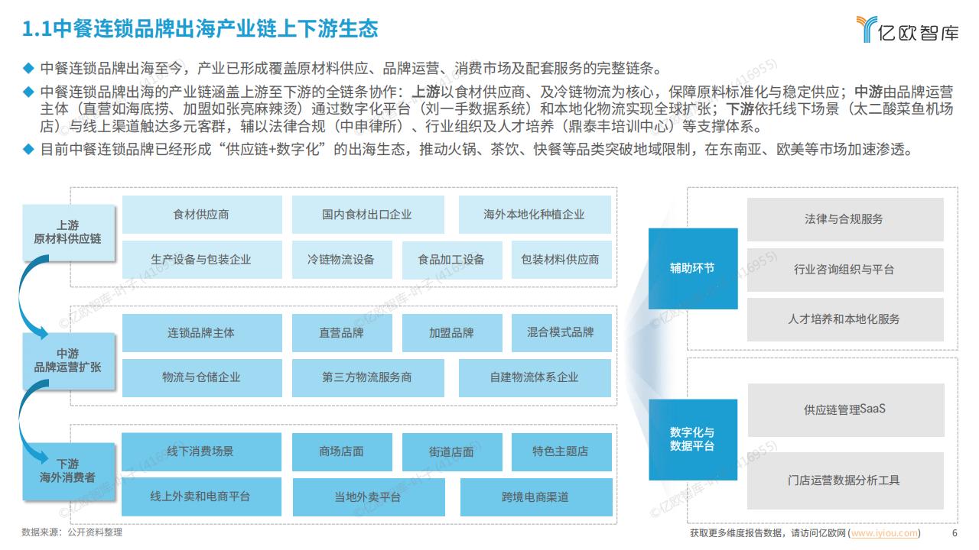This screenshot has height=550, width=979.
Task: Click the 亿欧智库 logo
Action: click(907, 29)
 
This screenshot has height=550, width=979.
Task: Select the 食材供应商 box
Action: click(202, 215)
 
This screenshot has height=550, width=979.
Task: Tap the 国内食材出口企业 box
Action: click(368, 215)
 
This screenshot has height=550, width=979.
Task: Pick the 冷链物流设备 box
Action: click(342, 260)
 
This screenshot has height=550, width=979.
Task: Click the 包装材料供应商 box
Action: click(561, 260)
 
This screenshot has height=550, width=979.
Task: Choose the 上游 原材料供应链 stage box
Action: click(69, 233)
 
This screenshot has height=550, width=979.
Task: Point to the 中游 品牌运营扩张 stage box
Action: click(69, 361)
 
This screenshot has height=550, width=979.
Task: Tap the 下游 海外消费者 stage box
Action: click(69, 471)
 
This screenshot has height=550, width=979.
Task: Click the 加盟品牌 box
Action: click(452, 332)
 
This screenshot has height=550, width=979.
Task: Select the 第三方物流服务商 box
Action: click(368, 378)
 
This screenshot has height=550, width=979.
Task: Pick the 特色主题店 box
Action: click(561, 451)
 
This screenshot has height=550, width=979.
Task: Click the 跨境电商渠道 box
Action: click(536, 497)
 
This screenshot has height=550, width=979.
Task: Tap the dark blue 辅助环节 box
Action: click(693, 268)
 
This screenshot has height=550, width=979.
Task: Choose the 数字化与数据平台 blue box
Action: click(693, 439)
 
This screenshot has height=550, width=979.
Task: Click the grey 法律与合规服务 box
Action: click(845, 219)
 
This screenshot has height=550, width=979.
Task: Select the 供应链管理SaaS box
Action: click(846, 410)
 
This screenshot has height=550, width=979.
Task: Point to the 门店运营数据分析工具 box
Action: click(845, 480)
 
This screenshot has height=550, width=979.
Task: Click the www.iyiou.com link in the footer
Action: click(884, 533)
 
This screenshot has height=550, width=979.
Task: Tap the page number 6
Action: click(955, 533)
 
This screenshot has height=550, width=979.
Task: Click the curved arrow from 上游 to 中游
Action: click(21, 297)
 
